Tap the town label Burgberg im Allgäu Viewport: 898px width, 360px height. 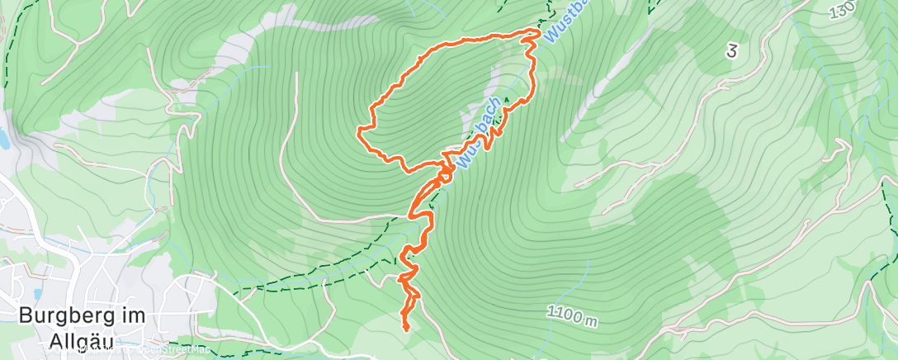pos(82,328)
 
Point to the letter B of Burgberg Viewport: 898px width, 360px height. pos(25,316)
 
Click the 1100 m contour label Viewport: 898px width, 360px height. pos(571,315)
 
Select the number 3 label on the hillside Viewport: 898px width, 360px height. pos(730,51)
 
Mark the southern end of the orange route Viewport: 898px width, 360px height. pos(406,329)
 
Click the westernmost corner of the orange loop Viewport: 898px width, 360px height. pos(359,130)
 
